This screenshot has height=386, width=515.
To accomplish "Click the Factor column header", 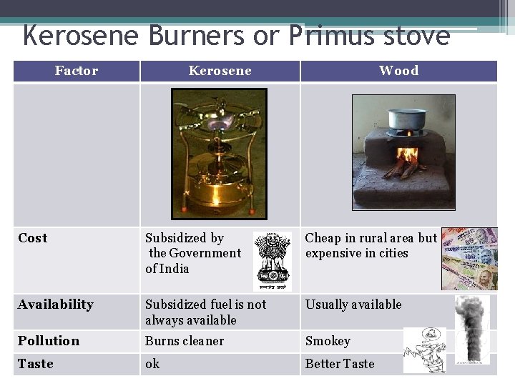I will point(77,71).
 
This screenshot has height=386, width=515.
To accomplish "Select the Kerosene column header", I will point(220,71).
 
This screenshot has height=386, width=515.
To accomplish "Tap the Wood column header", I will point(398,71).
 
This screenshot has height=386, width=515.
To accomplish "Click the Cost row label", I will point(33,238).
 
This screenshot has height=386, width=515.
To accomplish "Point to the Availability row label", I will point(56,305).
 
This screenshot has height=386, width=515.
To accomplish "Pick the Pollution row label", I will point(49,341).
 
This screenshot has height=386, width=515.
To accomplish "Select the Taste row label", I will point(36,364).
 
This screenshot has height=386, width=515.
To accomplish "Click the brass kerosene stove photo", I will point(219,153).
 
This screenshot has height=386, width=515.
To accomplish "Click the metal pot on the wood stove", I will point(406,119).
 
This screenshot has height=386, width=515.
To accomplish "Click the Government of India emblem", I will point(273,260).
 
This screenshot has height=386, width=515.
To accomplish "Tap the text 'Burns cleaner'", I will point(185,342).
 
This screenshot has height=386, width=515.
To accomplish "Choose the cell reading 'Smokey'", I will point(328,342).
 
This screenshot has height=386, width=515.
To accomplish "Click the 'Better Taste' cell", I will point(340,364).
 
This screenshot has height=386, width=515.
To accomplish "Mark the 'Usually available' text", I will point(353,305).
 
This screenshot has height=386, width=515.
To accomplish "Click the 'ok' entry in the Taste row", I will point(152,364).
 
